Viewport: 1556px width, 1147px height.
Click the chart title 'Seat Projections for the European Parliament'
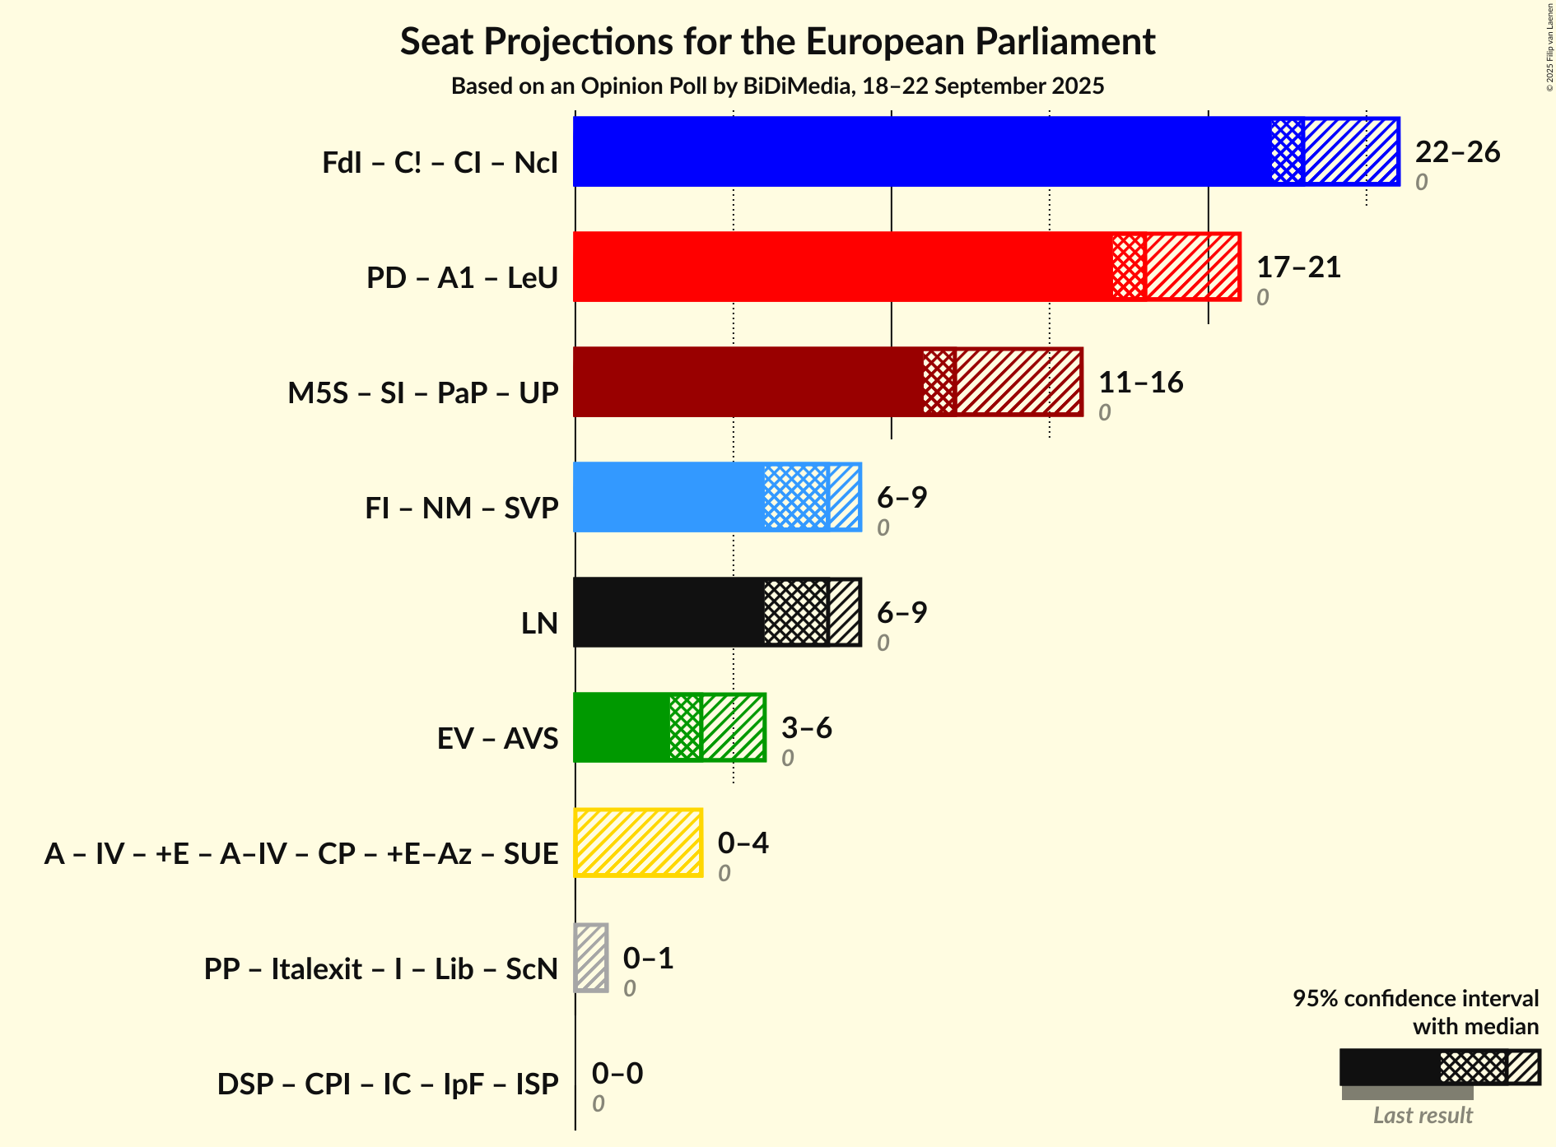(x=777, y=42)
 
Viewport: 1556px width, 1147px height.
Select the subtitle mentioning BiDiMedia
(x=777, y=86)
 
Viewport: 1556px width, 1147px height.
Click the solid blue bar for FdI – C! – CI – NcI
(x=922, y=151)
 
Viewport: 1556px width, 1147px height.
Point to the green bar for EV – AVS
(x=622, y=727)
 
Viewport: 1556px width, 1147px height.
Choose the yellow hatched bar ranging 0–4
(x=638, y=843)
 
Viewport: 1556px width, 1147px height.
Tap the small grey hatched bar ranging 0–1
(x=591, y=958)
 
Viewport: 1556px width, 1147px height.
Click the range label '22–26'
(x=1457, y=152)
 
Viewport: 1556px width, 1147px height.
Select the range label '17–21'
(x=1298, y=267)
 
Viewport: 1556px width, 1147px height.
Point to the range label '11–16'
(x=1140, y=383)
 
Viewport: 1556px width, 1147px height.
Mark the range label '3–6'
(x=806, y=728)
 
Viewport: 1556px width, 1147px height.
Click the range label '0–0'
(x=617, y=1074)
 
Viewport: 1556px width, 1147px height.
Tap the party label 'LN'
(x=539, y=624)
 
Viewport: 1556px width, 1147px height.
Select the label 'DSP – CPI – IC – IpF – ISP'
(x=388, y=1084)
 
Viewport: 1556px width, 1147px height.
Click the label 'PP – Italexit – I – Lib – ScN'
(x=381, y=969)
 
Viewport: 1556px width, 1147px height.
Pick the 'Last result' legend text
(x=1422, y=1116)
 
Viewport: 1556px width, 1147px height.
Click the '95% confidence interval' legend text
(x=1414, y=999)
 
